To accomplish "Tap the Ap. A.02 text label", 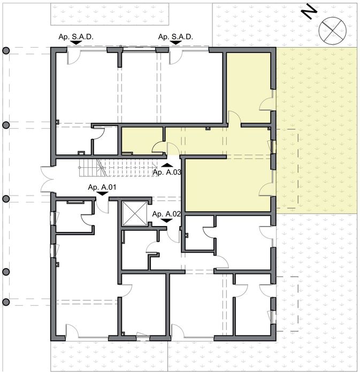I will click(167, 214).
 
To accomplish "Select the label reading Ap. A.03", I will click(167, 172).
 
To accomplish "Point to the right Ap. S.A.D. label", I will click(175, 36).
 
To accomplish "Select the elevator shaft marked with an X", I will click(134, 214).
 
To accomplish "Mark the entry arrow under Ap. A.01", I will click(101, 194).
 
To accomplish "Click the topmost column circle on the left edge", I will click(6, 51).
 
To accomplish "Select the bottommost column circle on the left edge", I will click(6, 302).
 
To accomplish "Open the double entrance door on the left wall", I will click(47, 180).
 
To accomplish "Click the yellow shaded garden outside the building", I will click(318, 128).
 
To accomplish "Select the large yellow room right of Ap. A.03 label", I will click(227, 184).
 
